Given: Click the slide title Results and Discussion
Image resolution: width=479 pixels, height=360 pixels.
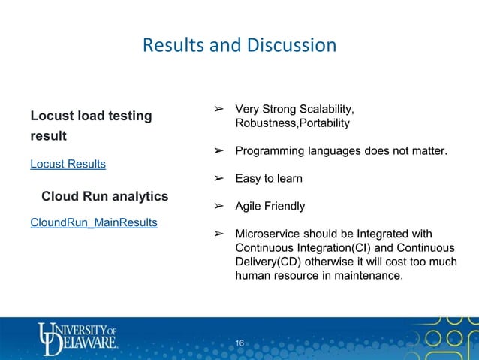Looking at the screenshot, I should (239, 46).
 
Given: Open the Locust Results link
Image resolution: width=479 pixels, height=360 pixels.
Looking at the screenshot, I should (68, 163).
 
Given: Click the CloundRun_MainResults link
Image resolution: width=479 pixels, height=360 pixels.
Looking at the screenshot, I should (93, 222).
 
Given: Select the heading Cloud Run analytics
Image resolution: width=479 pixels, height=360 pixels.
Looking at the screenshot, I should (104, 197).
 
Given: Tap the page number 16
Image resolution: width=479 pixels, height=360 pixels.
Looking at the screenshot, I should (239, 343).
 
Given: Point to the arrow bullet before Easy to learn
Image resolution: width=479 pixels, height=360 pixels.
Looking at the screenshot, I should (220, 179).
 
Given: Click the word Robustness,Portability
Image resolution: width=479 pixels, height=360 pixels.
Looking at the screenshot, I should (292, 123).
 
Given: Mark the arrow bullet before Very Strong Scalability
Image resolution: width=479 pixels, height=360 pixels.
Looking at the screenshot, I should (220, 110).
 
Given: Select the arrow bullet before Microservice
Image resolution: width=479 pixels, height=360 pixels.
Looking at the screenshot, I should (220, 233).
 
